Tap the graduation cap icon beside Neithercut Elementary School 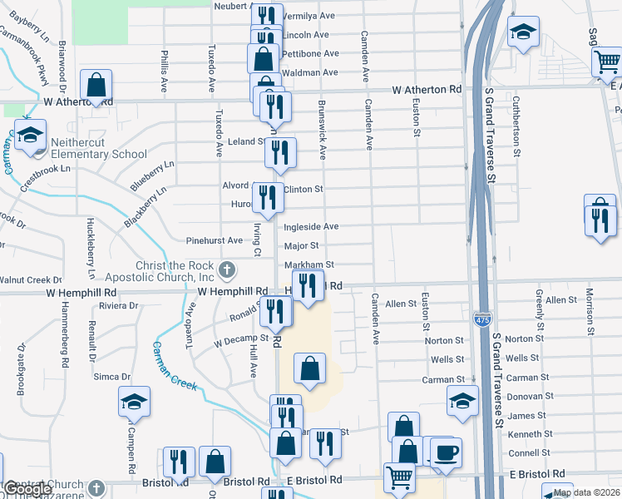coord(31,135)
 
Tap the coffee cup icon coord(447,452)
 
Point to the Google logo coord(27,490)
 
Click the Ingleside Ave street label coord(311,226)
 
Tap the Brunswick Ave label coord(322,130)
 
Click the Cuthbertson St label coord(516,126)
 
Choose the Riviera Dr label coord(117,306)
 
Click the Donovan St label coord(524,398)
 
